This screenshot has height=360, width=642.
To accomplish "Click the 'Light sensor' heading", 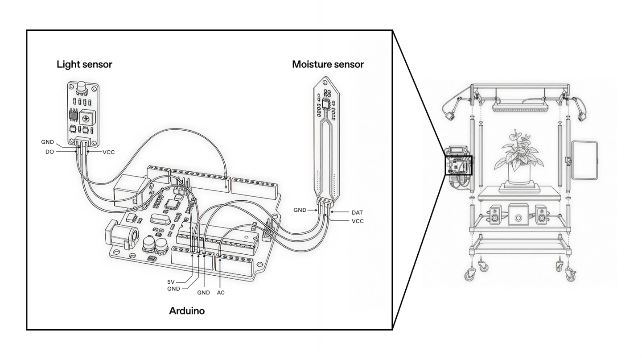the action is coord(84,64).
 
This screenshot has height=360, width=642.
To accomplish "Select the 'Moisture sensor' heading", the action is coord(328,64).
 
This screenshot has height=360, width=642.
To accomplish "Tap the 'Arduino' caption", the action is coord(187,311).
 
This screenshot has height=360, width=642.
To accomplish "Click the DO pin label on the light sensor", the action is coord(49,152).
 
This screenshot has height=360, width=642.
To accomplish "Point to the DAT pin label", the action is coord(357,212).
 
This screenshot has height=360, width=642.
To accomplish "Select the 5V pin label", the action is coord(171,282).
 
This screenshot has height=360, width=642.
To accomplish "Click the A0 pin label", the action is coord(221,293).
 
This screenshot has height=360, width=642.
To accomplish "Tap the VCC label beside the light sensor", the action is coord(109,152).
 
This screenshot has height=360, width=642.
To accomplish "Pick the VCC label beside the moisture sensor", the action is coord(358,221).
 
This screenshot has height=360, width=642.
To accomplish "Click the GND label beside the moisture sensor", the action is coord(300,210).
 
